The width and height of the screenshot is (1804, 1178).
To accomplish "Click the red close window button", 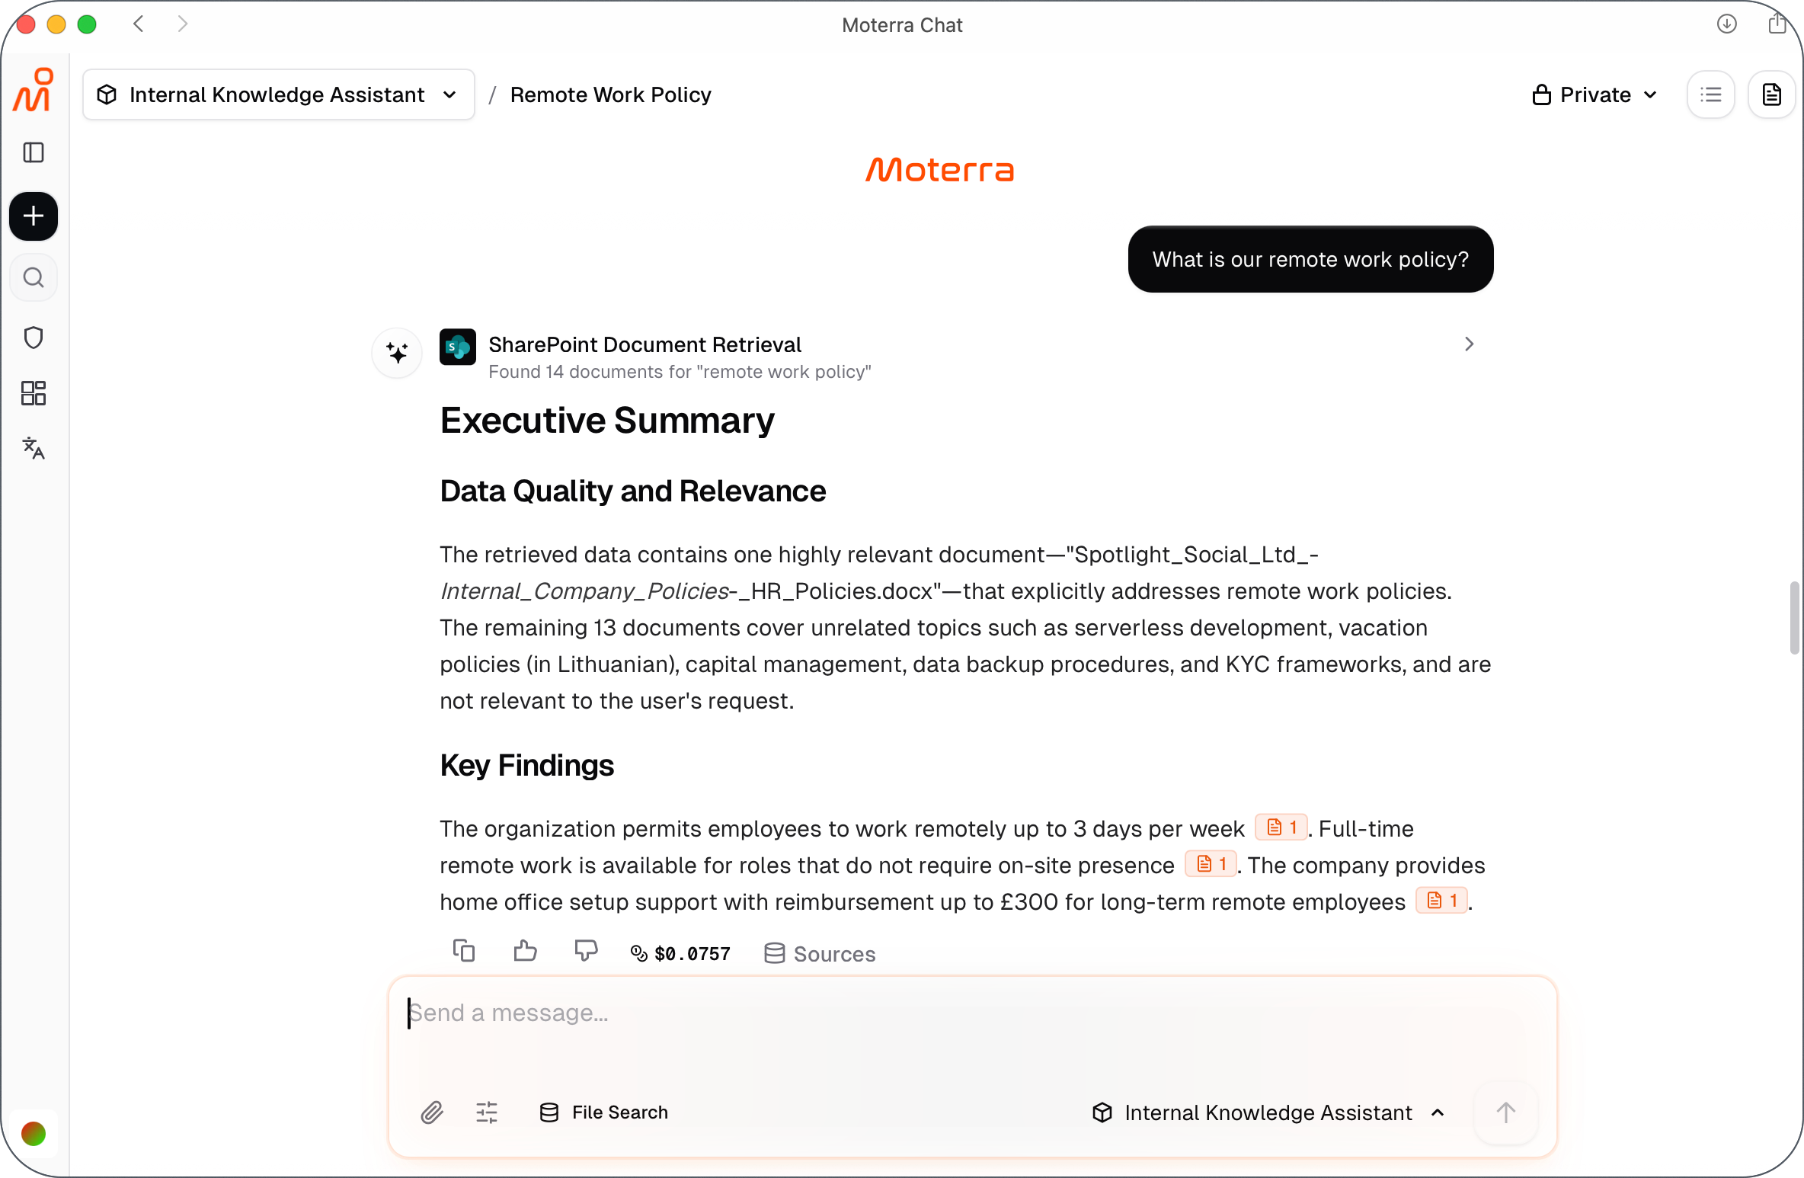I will click(26, 24).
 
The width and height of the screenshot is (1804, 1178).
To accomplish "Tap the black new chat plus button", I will click(34, 216).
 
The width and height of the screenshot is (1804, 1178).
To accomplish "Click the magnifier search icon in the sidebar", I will click(34, 277).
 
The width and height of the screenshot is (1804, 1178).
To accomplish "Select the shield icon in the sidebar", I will click(34, 338).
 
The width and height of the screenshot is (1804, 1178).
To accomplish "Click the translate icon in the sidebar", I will click(34, 448).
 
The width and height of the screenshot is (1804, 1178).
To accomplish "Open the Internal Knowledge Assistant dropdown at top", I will click(278, 94).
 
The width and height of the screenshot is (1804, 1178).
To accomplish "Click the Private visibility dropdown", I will click(1594, 94).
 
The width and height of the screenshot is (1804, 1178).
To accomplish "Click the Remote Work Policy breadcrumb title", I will click(610, 94).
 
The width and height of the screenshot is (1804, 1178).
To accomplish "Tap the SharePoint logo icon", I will click(458, 347).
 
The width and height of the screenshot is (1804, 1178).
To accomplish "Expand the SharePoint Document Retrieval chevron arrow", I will click(1469, 344).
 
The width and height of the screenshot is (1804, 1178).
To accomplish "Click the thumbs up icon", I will click(525, 951).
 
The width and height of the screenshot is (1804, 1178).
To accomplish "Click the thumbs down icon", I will click(585, 951).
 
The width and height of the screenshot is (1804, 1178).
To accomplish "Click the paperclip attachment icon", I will click(432, 1112).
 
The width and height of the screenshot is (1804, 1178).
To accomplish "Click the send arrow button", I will click(1505, 1112).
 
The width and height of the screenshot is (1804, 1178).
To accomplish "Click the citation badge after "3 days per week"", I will click(1281, 827).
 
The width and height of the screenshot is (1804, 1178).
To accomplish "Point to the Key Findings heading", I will click(526, 765).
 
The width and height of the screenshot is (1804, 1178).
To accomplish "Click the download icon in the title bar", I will click(1726, 24).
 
